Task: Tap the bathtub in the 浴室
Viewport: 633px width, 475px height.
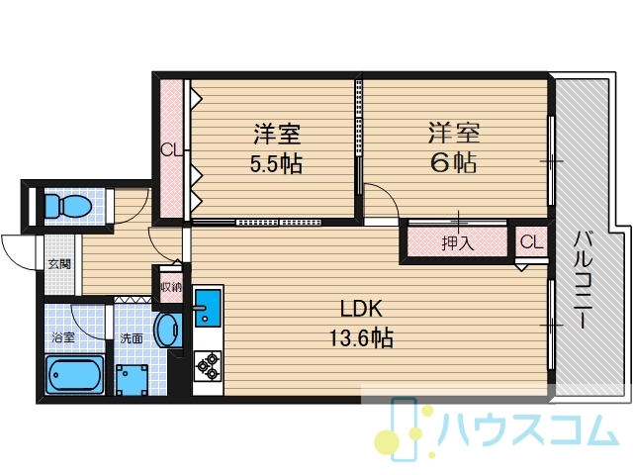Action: (75, 374)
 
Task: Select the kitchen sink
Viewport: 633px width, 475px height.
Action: (208, 308)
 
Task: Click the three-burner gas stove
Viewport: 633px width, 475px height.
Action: (208, 366)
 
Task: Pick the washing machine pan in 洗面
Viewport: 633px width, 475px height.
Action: (132, 380)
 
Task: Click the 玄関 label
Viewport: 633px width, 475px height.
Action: (59, 264)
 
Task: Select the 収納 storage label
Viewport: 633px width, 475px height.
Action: (171, 287)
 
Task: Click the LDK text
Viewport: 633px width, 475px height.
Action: (361, 310)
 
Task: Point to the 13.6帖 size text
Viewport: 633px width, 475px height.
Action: (361, 338)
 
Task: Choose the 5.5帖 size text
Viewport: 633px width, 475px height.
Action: (276, 164)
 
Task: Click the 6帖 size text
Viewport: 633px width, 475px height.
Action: (454, 162)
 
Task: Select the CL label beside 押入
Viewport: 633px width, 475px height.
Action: (531, 242)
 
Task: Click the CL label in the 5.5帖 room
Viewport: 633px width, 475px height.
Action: (171, 150)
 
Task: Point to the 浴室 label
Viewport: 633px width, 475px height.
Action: (63, 337)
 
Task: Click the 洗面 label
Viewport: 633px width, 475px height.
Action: (132, 338)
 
